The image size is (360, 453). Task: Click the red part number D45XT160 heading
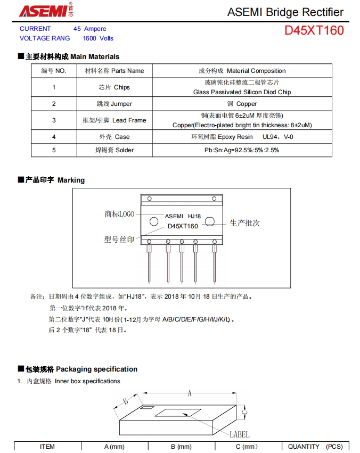[x=314, y=30]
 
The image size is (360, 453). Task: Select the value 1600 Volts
[x=98, y=38]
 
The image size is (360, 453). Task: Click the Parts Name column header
[x=114, y=71]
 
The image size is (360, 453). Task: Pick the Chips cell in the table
[x=114, y=87]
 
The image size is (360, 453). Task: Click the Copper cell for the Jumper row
[x=242, y=104]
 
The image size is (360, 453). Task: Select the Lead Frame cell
[x=114, y=120]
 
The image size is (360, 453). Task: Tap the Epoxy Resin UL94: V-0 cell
[x=242, y=137]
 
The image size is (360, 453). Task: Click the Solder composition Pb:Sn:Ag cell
[x=242, y=150]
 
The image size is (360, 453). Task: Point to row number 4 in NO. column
[x=54, y=137]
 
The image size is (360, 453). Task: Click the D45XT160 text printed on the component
[x=183, y=226]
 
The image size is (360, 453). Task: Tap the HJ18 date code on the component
[x=194, y=216]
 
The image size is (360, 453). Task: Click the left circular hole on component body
[x=154, y=221]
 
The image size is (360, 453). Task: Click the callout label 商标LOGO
[x=119, y=214]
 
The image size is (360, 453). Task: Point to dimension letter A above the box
[x=189, y=393]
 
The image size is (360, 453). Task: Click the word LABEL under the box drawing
[x=239, y=434]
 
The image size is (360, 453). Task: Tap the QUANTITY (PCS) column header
[x=315, y=447]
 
